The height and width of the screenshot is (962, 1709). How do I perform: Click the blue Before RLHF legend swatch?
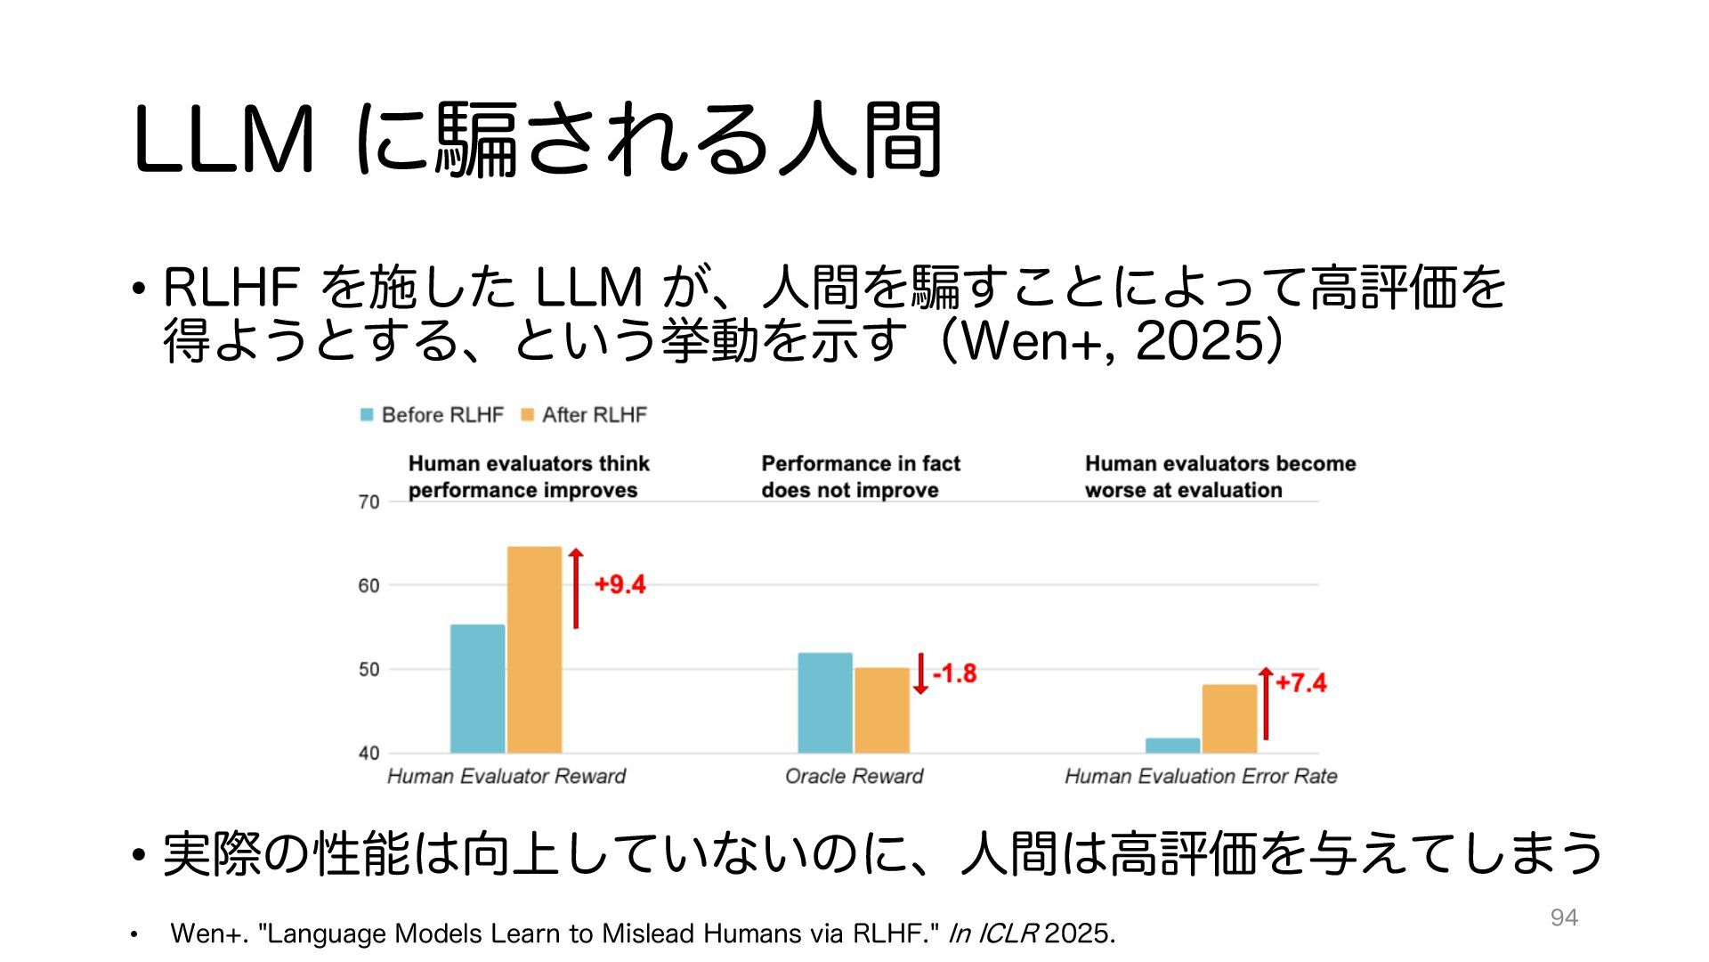367,415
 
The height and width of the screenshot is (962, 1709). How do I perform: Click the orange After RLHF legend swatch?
527,415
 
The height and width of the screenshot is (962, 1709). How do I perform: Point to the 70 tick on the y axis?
369,502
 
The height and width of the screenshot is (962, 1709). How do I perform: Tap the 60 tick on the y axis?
369,586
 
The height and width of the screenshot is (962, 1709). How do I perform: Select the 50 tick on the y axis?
369,670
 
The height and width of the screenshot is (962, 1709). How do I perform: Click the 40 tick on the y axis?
369,754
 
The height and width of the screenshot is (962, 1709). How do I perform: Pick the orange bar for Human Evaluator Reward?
534,650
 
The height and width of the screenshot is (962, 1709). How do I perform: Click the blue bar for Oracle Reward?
824,703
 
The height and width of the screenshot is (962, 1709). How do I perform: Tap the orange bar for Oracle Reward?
881,710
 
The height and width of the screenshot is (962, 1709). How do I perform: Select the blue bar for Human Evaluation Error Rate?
1172,746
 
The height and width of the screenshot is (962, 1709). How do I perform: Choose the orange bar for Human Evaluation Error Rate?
1229,719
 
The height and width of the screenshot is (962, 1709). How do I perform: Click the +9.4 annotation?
620,584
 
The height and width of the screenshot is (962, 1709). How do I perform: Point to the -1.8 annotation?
954,673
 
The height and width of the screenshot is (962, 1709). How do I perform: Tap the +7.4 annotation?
1300,683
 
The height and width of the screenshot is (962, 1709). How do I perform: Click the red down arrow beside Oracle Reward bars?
920,674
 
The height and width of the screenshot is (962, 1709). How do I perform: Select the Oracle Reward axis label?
854,777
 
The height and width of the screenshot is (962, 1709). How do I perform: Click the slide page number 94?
1564,917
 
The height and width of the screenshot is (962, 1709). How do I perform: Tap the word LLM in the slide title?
223,140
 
